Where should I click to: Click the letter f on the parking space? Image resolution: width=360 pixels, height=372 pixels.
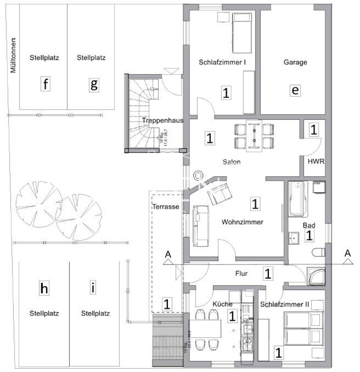(46, 83)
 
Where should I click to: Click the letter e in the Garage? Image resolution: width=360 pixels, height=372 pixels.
(295, 90)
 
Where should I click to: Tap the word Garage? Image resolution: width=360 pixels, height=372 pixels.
(295, 62)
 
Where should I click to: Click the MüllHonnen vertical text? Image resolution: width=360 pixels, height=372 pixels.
(13, 55)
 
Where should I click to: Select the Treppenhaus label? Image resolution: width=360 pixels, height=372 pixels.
(162, 121)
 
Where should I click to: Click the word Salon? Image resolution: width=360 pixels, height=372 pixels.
(231, 162)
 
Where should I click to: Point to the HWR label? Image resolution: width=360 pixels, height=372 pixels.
(316, 162)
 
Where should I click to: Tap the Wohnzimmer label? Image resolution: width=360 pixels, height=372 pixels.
(242, 222)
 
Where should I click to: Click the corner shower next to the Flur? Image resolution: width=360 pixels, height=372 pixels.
(317, 276)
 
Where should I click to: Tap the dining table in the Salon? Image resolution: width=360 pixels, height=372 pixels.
(254, 136)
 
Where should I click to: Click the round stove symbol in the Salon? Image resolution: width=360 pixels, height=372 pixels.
(199, 176)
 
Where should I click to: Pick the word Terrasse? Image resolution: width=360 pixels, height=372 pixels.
(166, 207)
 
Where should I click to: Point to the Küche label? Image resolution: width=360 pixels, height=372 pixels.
(222, 304)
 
